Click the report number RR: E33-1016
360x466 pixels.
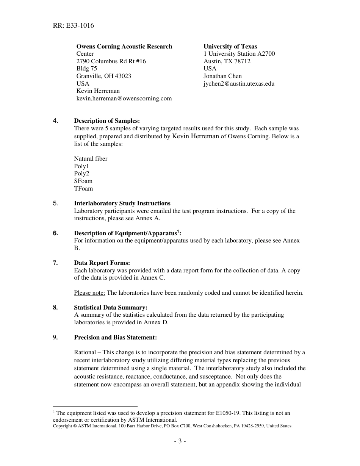coord(74,26)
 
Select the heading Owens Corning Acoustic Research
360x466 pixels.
coord(124,47)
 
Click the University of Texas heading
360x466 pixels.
coord(230,47)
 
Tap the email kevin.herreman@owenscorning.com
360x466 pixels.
coord(124,99)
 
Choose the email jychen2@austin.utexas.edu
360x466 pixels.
coord(239,84)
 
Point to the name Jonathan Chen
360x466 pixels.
coord(222,76)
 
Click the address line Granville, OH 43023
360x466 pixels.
coord(104,76)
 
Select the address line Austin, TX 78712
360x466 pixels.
coord(227,61)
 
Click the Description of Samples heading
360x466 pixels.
coord(107,121)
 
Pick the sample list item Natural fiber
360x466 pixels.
coord(91,159)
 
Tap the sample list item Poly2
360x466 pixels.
coord(81,174)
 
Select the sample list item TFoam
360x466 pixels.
coord(83,189)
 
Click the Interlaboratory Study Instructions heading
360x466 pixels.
coord(122,203)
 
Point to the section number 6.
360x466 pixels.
coord(56,233)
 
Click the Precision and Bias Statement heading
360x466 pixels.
coord(115,338)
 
